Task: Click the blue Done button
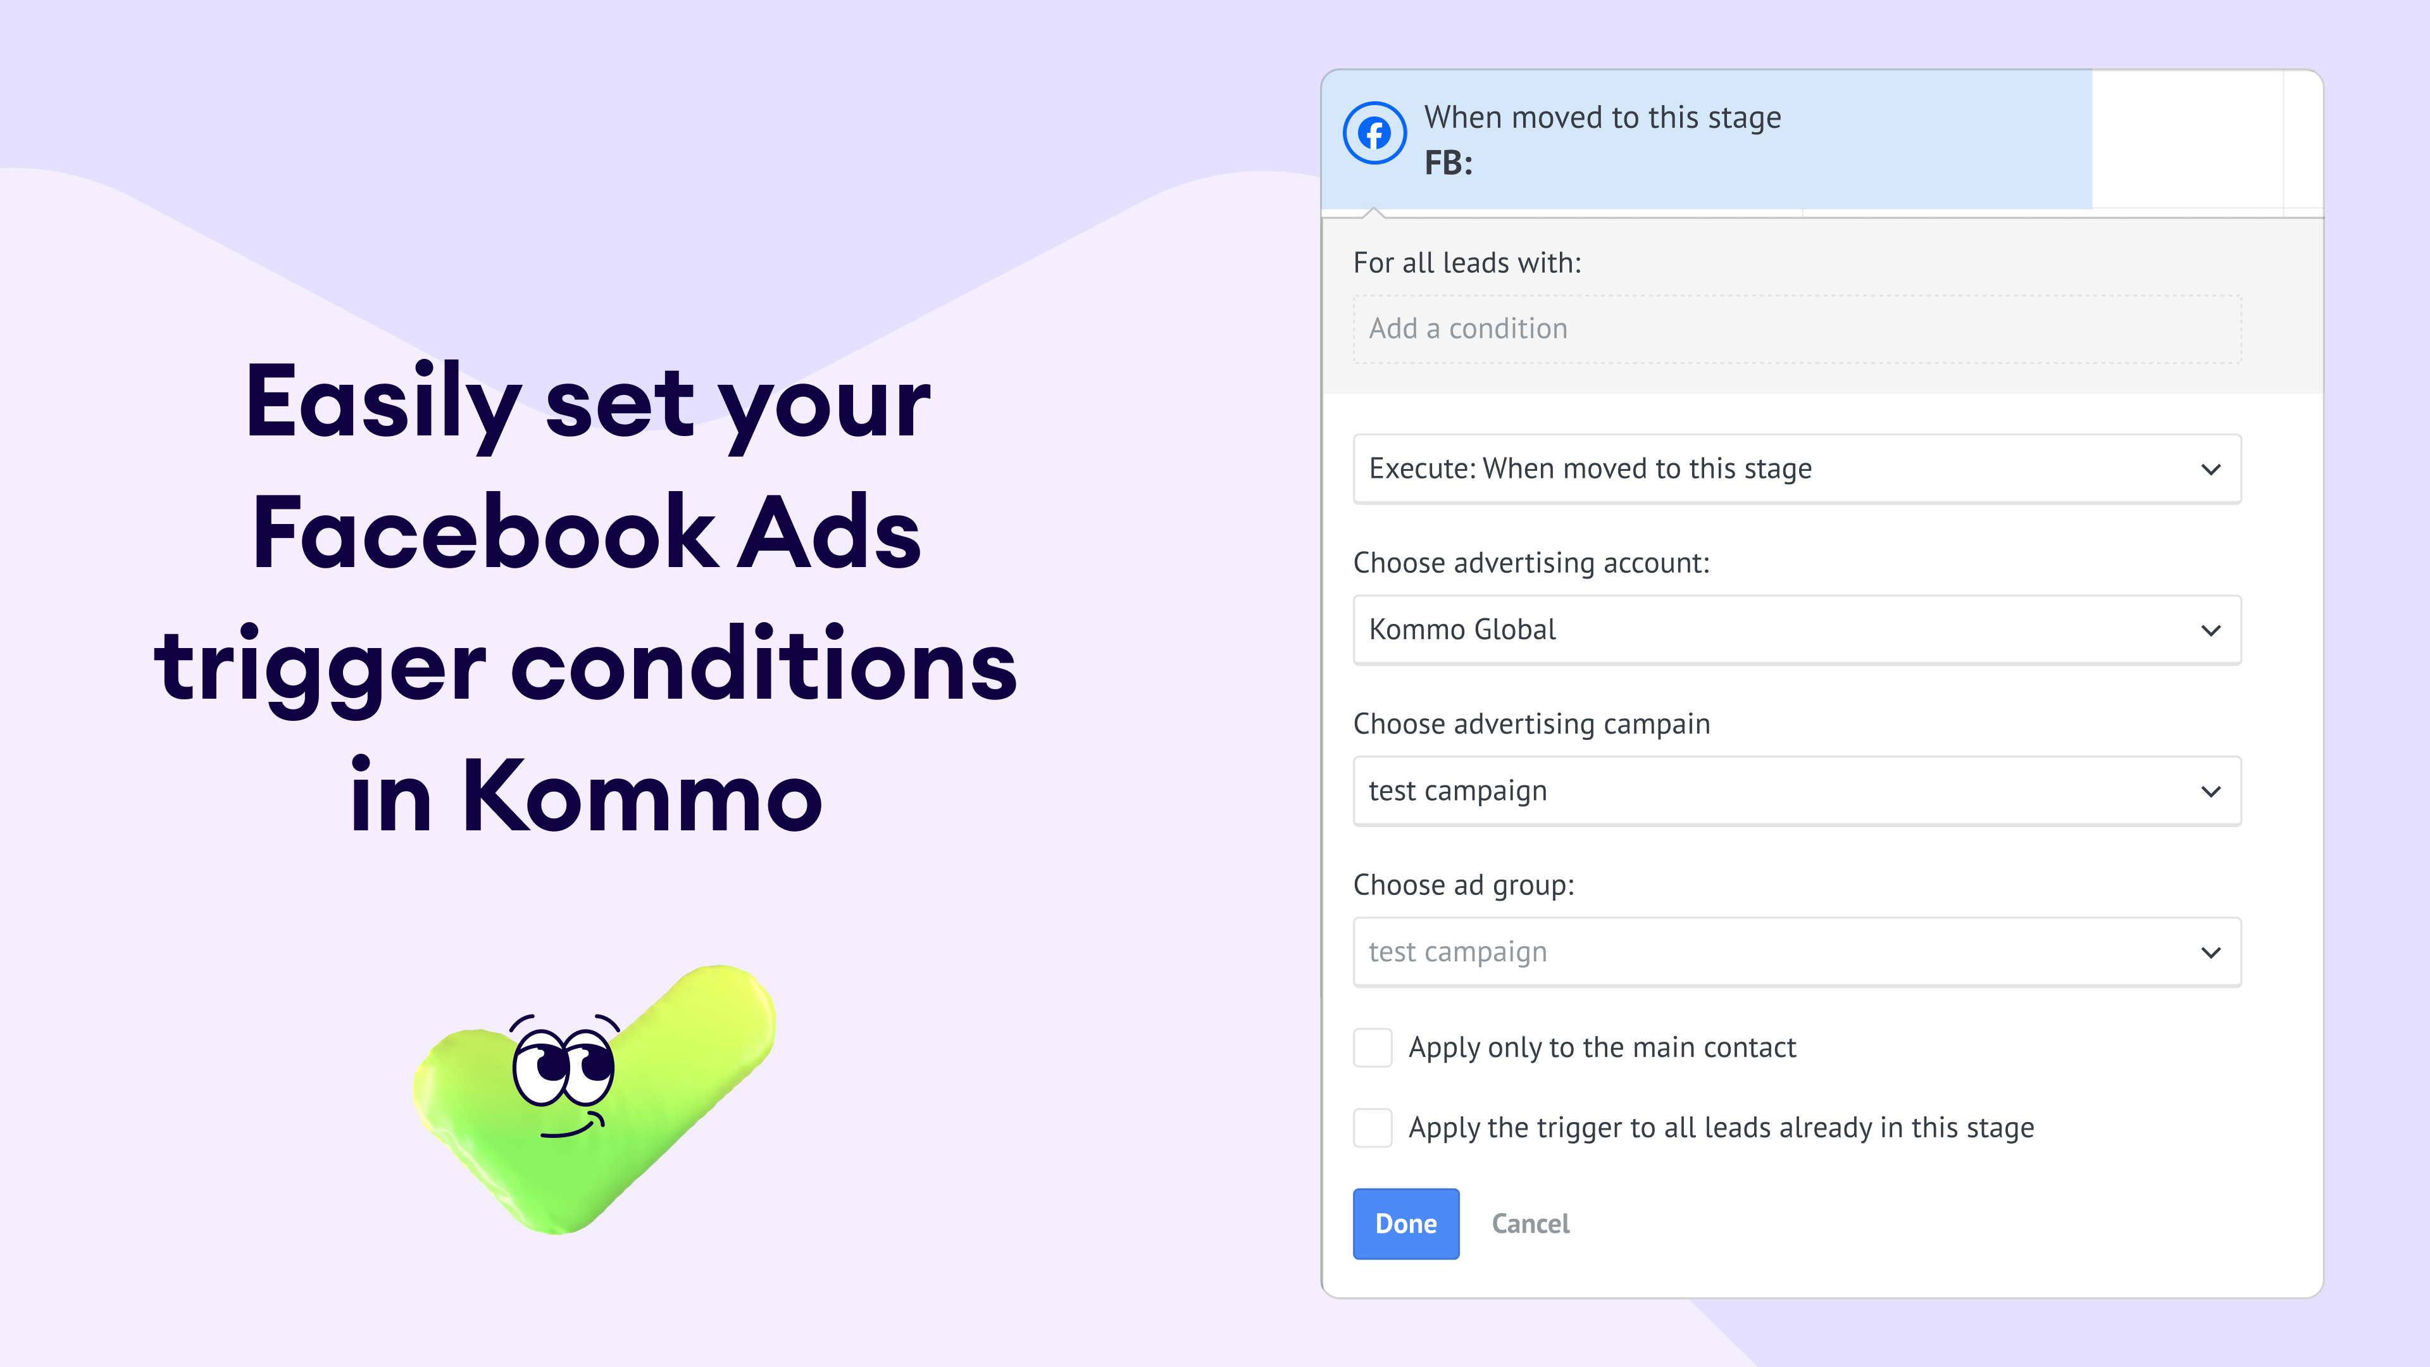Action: [x=1405, y=1223]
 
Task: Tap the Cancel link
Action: [x=1530, y=1223]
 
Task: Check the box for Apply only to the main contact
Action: [x=1373, y=1047]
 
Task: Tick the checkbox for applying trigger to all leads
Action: [x=1373, y=1127]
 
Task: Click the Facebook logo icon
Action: [x=1374, y=133]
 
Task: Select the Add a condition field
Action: [x=1797, y=329]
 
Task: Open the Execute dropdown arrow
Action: [x=2210, y=469]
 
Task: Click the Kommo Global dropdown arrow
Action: [x=2210, y=630]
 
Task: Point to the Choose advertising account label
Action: [x=1531, y=563]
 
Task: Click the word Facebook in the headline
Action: [x=485, y=533]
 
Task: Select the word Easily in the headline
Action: [x=383, y=404]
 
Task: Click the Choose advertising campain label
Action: [x=1531, y=725]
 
